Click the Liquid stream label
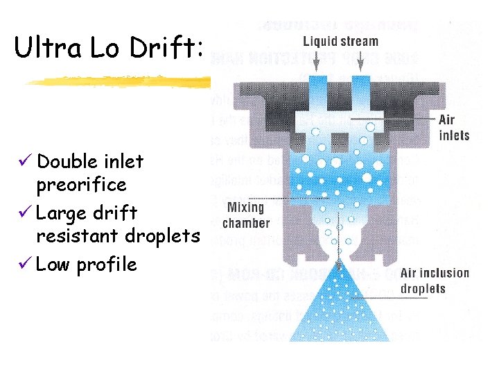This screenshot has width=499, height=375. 341,42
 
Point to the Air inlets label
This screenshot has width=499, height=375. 454,128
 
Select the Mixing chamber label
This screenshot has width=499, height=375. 245,215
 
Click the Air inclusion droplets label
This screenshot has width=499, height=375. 435,281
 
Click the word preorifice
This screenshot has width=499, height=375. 81,185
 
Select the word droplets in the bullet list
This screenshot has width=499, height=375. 163,236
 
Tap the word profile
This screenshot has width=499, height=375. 106,265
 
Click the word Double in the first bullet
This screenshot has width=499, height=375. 67,162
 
